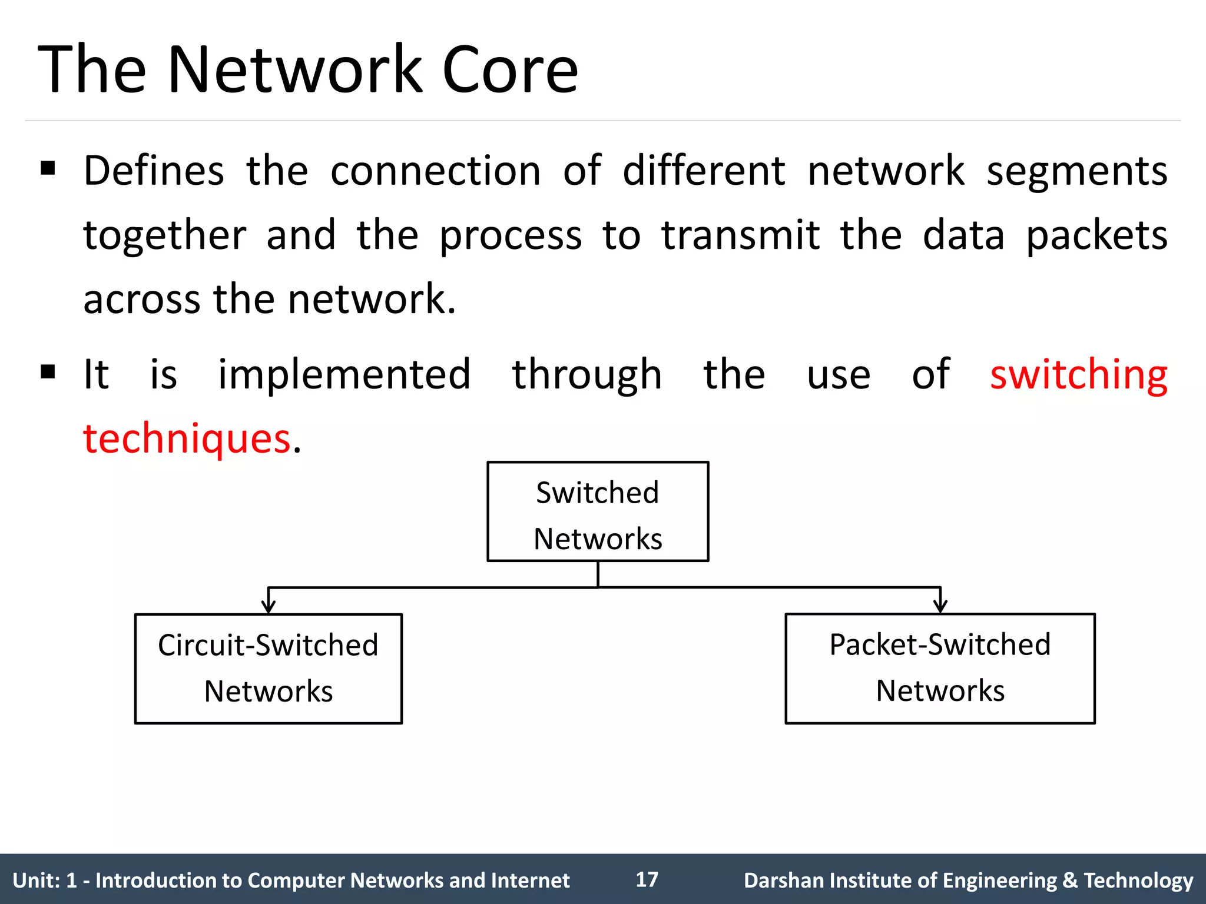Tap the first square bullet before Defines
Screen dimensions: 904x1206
[48, 169]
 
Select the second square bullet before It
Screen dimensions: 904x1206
[48, 372]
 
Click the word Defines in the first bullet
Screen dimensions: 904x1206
[154, 171]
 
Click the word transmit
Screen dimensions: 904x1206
[740, 235]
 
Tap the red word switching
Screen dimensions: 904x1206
[1078, 375]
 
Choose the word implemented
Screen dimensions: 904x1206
[344, 374]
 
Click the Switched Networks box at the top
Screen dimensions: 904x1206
[598, 512]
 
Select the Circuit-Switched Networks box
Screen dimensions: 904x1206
[269, 669]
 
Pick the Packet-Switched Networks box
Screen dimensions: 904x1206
[940, 669]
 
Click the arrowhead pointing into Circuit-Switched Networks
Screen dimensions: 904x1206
[269, 607]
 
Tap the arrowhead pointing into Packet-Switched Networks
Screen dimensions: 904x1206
[940, 606]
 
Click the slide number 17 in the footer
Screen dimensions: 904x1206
[647, 879]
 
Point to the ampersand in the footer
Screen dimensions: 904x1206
[1069, 880]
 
